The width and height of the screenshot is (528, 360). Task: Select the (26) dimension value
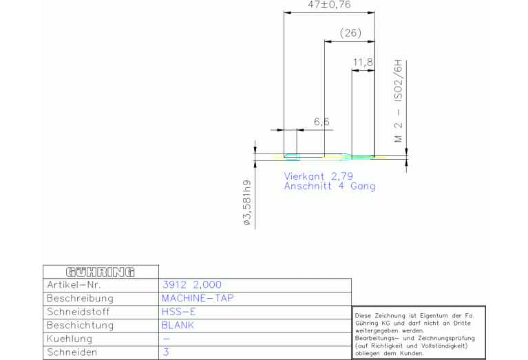coord(350,32)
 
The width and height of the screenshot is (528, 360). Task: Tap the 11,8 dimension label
coord(363,63)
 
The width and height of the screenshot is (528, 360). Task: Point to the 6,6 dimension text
coord(321,122)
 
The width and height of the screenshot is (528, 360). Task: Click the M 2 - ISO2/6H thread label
coord(399,101)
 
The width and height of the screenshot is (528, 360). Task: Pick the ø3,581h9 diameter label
coord(247,203)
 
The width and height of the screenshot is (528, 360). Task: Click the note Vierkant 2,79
coord(319,176)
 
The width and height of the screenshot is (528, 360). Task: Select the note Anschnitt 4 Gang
coord(329,187)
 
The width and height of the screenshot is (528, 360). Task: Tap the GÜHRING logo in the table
coord(101,272)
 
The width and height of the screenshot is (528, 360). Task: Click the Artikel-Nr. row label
coord(74,285)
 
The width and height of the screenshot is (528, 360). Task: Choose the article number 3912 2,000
coord(192,285)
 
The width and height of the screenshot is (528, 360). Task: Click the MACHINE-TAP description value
coord(198,298)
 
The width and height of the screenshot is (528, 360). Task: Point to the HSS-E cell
coord(178,312)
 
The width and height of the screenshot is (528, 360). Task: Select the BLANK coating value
coord(178,326)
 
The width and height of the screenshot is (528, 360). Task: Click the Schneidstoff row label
coord(78,312)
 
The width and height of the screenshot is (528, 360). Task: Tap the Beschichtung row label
coord(80,326)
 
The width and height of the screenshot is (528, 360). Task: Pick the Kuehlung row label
coord(70,339)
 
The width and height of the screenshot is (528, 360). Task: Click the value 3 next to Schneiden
coord(166,352)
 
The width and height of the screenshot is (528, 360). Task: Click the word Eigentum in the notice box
coord(430,316)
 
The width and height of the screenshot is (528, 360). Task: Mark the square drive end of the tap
coord(292,157)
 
